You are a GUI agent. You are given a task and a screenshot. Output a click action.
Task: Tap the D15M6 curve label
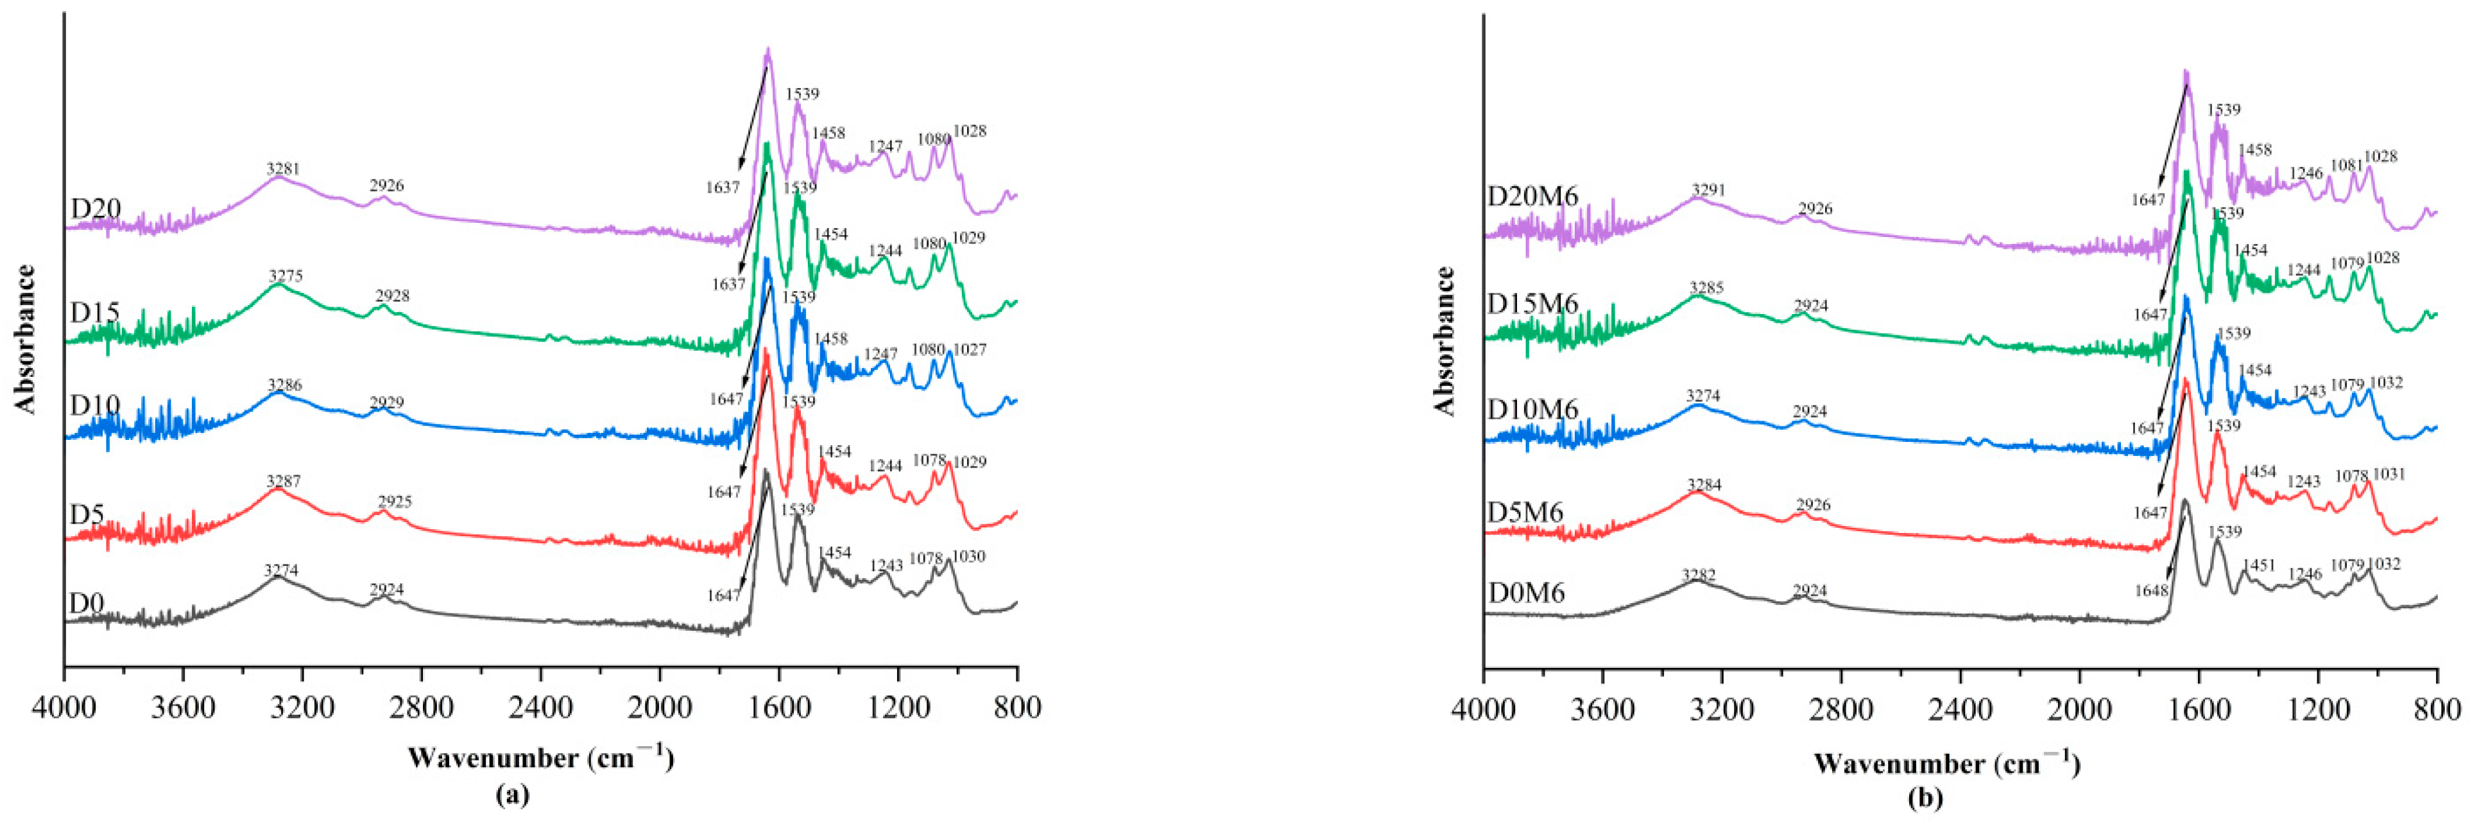[1532, 304]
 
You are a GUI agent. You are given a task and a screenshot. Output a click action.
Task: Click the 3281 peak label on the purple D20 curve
[283, 169]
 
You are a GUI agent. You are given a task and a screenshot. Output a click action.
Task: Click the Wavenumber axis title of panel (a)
[541, 758]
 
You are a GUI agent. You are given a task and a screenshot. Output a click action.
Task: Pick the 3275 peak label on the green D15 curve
[286, 276]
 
